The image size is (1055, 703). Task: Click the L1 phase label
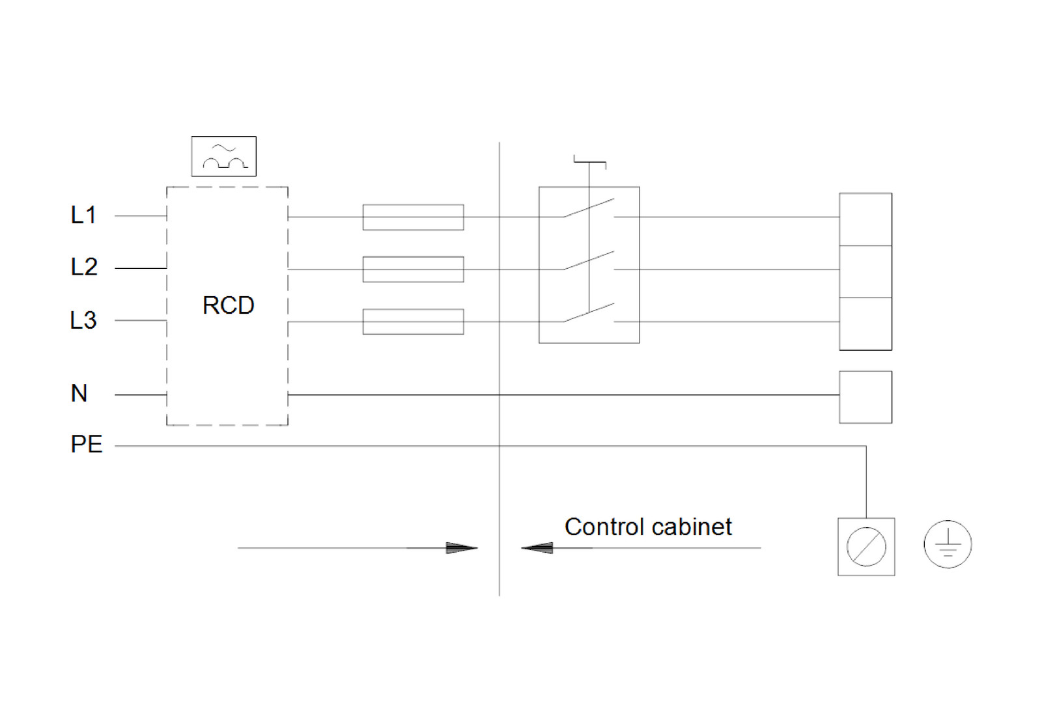(x=83, y=215)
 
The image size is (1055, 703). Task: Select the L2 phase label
(x=84, y=267)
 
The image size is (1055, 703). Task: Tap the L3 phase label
(x=83, y=320)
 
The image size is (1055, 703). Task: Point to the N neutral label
(x=79, y=393)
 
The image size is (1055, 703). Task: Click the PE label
(x=86, y=445)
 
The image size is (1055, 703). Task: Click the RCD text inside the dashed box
(x=228, y=305)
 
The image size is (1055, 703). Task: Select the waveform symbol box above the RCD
(x=223, y=156)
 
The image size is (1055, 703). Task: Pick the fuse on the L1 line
(x=413, y=217)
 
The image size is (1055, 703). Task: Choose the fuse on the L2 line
(x=413, y=269)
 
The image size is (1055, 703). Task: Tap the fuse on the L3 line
(x=413, y=322)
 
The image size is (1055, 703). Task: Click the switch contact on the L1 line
(x=589, y=208)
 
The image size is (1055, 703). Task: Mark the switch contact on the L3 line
(x=589, y=313)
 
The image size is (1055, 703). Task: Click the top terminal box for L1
(x=865, y=219)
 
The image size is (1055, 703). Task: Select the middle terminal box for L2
(x=865, y=271)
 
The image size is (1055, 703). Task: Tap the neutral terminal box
(x=865, y=397)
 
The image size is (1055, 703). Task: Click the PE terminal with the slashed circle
(x=865, y=547)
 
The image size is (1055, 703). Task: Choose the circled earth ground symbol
(x=948, y=544)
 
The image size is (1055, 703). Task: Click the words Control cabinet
(x=647, y=527)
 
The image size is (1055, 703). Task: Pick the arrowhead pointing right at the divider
(x=462, y=548)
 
